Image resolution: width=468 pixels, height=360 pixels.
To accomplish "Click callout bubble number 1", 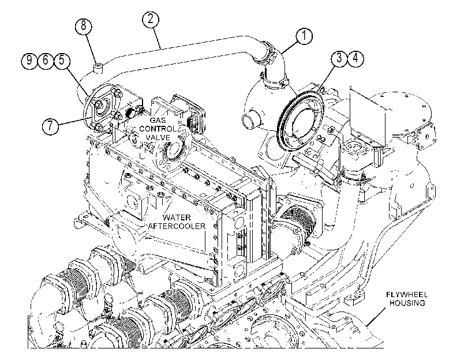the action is click(x=304, y=36).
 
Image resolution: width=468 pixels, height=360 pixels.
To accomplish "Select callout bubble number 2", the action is click(x=150, y=19).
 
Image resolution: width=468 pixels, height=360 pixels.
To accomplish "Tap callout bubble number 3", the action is click(x=339, y=58).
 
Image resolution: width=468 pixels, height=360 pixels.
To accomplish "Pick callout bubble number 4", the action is click(x=355, y=58).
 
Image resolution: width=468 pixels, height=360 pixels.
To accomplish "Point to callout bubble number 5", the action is click(x=62, y=60).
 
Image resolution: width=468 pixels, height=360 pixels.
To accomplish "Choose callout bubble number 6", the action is click(x=46, y=60).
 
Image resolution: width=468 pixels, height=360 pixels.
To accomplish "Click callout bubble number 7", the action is click(x=50, y=125).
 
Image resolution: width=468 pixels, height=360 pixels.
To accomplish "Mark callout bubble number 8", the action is click(x=83, y=25).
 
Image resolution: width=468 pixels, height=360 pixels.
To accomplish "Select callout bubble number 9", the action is click(x=29, y=60).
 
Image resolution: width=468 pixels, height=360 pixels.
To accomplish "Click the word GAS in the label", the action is click(x=158, y=121).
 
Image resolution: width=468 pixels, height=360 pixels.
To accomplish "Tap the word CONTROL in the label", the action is click(x=158, y=129).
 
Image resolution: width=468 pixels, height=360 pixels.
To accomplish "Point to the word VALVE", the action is click(x=158, y=138).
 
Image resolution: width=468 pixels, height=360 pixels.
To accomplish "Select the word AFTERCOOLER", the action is click(x=177, y=226).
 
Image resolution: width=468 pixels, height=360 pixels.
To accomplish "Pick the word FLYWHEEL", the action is click(x=407, y=295).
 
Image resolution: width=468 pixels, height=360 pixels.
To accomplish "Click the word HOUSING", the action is click(x=407, y=303).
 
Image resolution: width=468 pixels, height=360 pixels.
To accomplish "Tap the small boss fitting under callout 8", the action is click(x=98, y=68).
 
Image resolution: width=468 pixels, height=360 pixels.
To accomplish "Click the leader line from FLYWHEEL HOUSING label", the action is click(x=376, y=317).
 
